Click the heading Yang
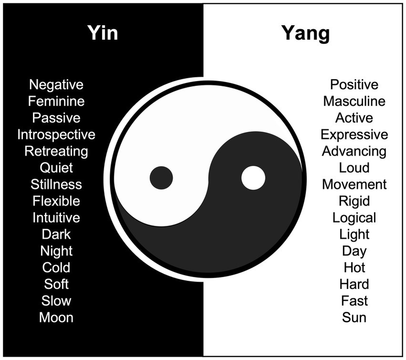point(305,34)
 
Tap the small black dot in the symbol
point(161,178)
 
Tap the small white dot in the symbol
point(253,178)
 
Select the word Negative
point(56,85)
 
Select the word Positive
point(354,85)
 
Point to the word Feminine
point(56,101)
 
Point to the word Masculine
point(354,101)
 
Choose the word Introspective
point(56,135)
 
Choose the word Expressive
point(354,135)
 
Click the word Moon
point(56,318)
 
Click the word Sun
point(354,318)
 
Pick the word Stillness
point(56,184)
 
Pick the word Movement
point(354,184)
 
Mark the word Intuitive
point(56,218)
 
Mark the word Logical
point(354,218)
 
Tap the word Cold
point(56,267)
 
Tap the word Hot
point(354,267)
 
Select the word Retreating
point(56,151)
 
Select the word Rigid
point(354,201)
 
